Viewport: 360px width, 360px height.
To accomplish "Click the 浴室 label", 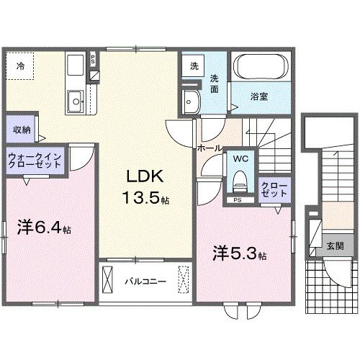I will point(260,96).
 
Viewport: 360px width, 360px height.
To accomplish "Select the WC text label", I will point(240,158).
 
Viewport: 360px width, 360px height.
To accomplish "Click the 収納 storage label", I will point(21,130).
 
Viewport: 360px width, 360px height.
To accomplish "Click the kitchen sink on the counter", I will point(74,99).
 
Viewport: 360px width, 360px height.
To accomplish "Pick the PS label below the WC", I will point(238,199).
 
